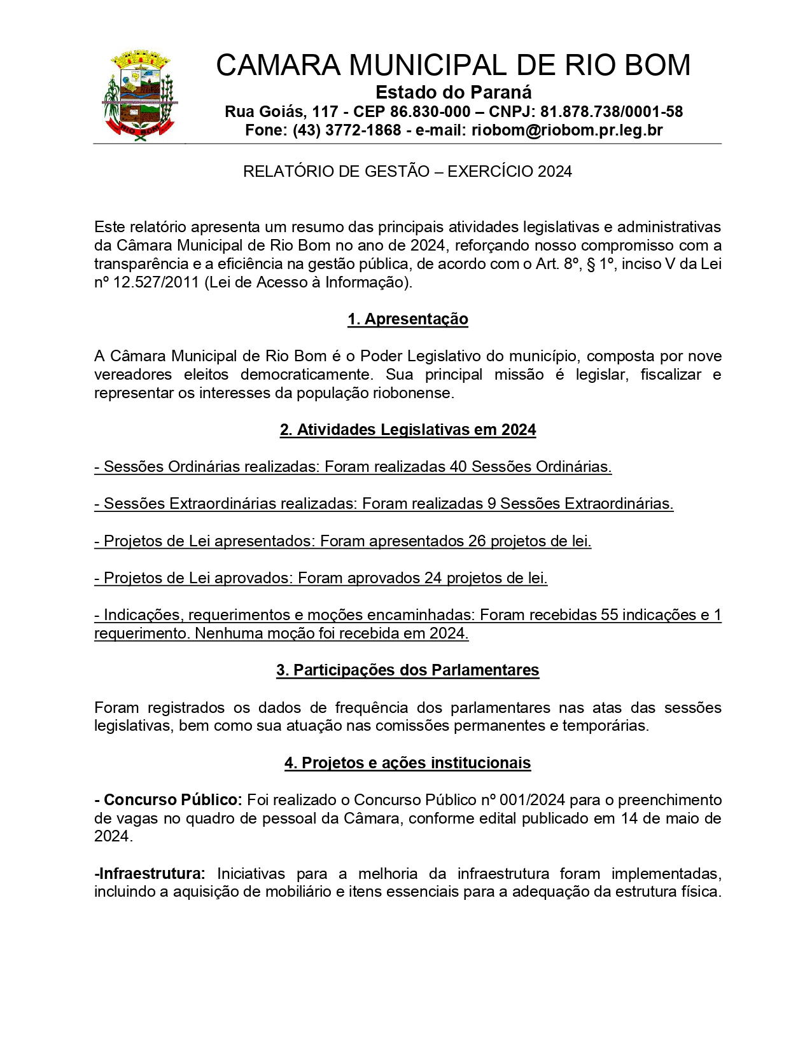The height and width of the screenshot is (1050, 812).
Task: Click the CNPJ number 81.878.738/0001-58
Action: click(x=611, y=112)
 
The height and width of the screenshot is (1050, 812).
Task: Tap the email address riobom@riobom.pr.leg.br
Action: click(x=566, y=130)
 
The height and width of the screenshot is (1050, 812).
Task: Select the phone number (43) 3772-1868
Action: click(x=347, y=130)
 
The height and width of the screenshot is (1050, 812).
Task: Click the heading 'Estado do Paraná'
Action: click(x=453, y=92)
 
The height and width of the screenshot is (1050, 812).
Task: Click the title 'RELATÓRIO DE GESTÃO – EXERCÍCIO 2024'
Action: click(x=407, y=171)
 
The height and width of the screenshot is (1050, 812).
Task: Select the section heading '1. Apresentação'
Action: click(x=407, y=319)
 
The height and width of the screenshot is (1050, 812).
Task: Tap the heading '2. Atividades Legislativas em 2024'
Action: click(x=407, y=430)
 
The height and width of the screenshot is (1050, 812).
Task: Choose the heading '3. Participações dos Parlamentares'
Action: click(x=407, y=670)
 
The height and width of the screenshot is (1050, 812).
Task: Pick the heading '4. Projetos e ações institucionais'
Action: click(x=407, y=763)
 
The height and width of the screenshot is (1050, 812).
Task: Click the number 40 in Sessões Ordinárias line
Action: click(x=458, y=467)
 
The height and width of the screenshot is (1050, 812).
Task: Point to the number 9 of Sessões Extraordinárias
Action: click(x=492, y=504)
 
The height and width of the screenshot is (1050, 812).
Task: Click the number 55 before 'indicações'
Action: click(x=609, y=615)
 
